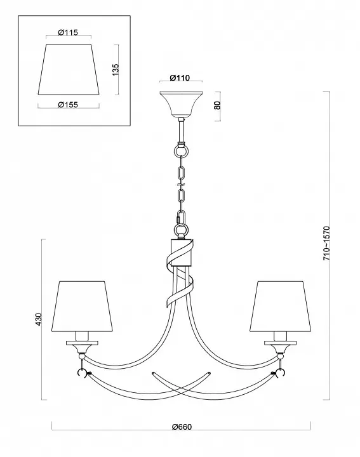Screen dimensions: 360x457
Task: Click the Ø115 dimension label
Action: click(x=68, y=32)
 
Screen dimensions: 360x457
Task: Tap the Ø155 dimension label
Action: click(x=68, y=104)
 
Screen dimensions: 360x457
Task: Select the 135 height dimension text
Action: click(x=116, y=70)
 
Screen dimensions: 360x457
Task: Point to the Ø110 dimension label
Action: click(x=180, y=78)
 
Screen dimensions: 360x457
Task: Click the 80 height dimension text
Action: click(x=217, y=105)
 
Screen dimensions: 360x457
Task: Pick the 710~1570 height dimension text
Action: click(x=326, y=243)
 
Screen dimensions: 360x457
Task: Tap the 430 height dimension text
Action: click(x=39, y=319)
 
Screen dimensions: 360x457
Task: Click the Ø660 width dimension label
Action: click(x=182, y=427)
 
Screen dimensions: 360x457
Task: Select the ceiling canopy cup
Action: click(x=182, y=104)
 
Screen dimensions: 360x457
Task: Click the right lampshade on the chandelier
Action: click(x=280, y=307)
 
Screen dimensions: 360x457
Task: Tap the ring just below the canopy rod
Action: click(x=182, y=151)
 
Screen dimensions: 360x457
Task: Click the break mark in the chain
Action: click(x=182, y=185)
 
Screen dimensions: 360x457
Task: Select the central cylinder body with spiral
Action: click(x=181, y=253)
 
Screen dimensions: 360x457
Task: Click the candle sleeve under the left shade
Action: click(x=82, y=336)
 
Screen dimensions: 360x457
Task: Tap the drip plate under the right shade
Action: click(x=281, y=343)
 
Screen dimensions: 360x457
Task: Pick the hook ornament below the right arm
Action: click(x=281, y=373)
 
